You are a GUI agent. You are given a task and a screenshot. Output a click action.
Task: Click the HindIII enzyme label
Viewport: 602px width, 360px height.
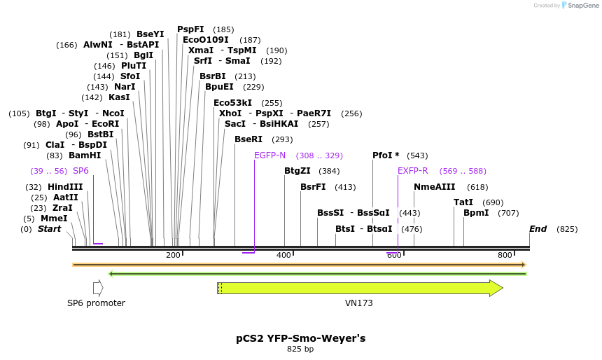click(65, 187)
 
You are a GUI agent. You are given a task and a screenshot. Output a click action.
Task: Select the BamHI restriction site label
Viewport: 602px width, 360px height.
click(85, 155)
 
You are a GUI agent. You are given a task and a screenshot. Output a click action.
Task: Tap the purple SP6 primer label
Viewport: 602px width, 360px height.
click(81, 171)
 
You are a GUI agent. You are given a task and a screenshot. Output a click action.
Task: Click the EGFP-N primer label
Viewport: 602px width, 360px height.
click(269, 155)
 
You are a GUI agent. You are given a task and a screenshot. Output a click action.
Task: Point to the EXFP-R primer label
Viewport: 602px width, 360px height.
click(413, 171)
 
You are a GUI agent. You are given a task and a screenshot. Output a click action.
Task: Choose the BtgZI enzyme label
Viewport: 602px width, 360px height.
click(297, 171)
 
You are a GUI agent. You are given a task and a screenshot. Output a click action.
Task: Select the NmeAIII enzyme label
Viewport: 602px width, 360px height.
click(435, 187)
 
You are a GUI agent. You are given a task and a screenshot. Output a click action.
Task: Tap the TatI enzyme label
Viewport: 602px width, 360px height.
click(463, 202)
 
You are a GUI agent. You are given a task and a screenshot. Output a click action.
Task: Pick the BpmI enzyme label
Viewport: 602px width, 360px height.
click(476, 213)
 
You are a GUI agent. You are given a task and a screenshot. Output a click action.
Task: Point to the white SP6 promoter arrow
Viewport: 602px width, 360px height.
click(98, 288)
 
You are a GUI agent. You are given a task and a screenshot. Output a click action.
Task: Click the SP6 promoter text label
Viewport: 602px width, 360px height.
click(96, 303)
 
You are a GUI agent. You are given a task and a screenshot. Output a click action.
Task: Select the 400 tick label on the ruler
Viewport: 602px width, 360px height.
click(283, 256)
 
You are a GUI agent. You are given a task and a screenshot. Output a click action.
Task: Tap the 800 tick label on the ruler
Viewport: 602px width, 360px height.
click(505, 256)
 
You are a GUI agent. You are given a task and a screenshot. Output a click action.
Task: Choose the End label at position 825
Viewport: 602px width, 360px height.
click(538, 229)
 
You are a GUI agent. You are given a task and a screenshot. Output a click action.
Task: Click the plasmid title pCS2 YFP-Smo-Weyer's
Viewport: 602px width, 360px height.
click(300, 338)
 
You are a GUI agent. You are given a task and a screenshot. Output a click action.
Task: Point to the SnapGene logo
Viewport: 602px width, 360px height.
click(582, 6)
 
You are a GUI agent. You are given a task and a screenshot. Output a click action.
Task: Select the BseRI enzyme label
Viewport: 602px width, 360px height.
click(248, 139)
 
